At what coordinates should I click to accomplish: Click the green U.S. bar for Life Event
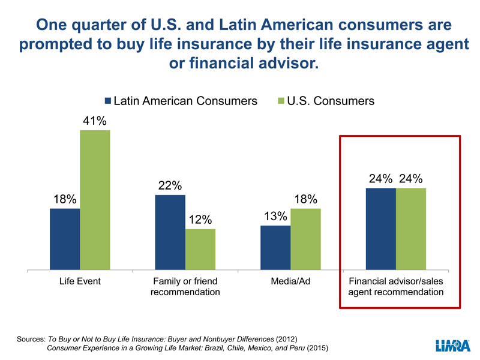(x=95, y=200)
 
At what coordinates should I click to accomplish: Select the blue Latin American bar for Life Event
(x=65, y=239)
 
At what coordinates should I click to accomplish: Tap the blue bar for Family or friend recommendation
(x=170, y=232)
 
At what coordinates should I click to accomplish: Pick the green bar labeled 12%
(x=200, y=249)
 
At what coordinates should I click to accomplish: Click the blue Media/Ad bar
(x=275, y=248)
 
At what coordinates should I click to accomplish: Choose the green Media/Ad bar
(x=305, y=239)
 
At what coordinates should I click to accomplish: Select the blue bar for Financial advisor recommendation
(x=381, y=229)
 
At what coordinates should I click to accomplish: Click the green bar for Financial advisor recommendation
(x=411, y=229)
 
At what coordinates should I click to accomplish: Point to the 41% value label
(x=95, y=121)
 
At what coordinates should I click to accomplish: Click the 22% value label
(x=170, y=185)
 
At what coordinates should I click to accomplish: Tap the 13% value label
(x=275, y=217)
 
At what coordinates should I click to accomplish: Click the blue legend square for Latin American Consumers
(x=108, y=101)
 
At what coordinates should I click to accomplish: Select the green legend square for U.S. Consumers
(x=281, y=101)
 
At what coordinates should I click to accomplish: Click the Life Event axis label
(x=80, y=281)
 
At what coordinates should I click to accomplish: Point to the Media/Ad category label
(x=290, y=281)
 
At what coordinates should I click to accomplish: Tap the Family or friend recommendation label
(x=185, y=287)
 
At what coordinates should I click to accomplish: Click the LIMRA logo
(x=453, y=346)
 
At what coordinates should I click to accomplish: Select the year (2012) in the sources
(x=286, y=339)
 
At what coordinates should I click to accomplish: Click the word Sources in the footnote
(x=31, y=339)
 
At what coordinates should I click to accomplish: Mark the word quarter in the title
(x=99, y=25)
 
